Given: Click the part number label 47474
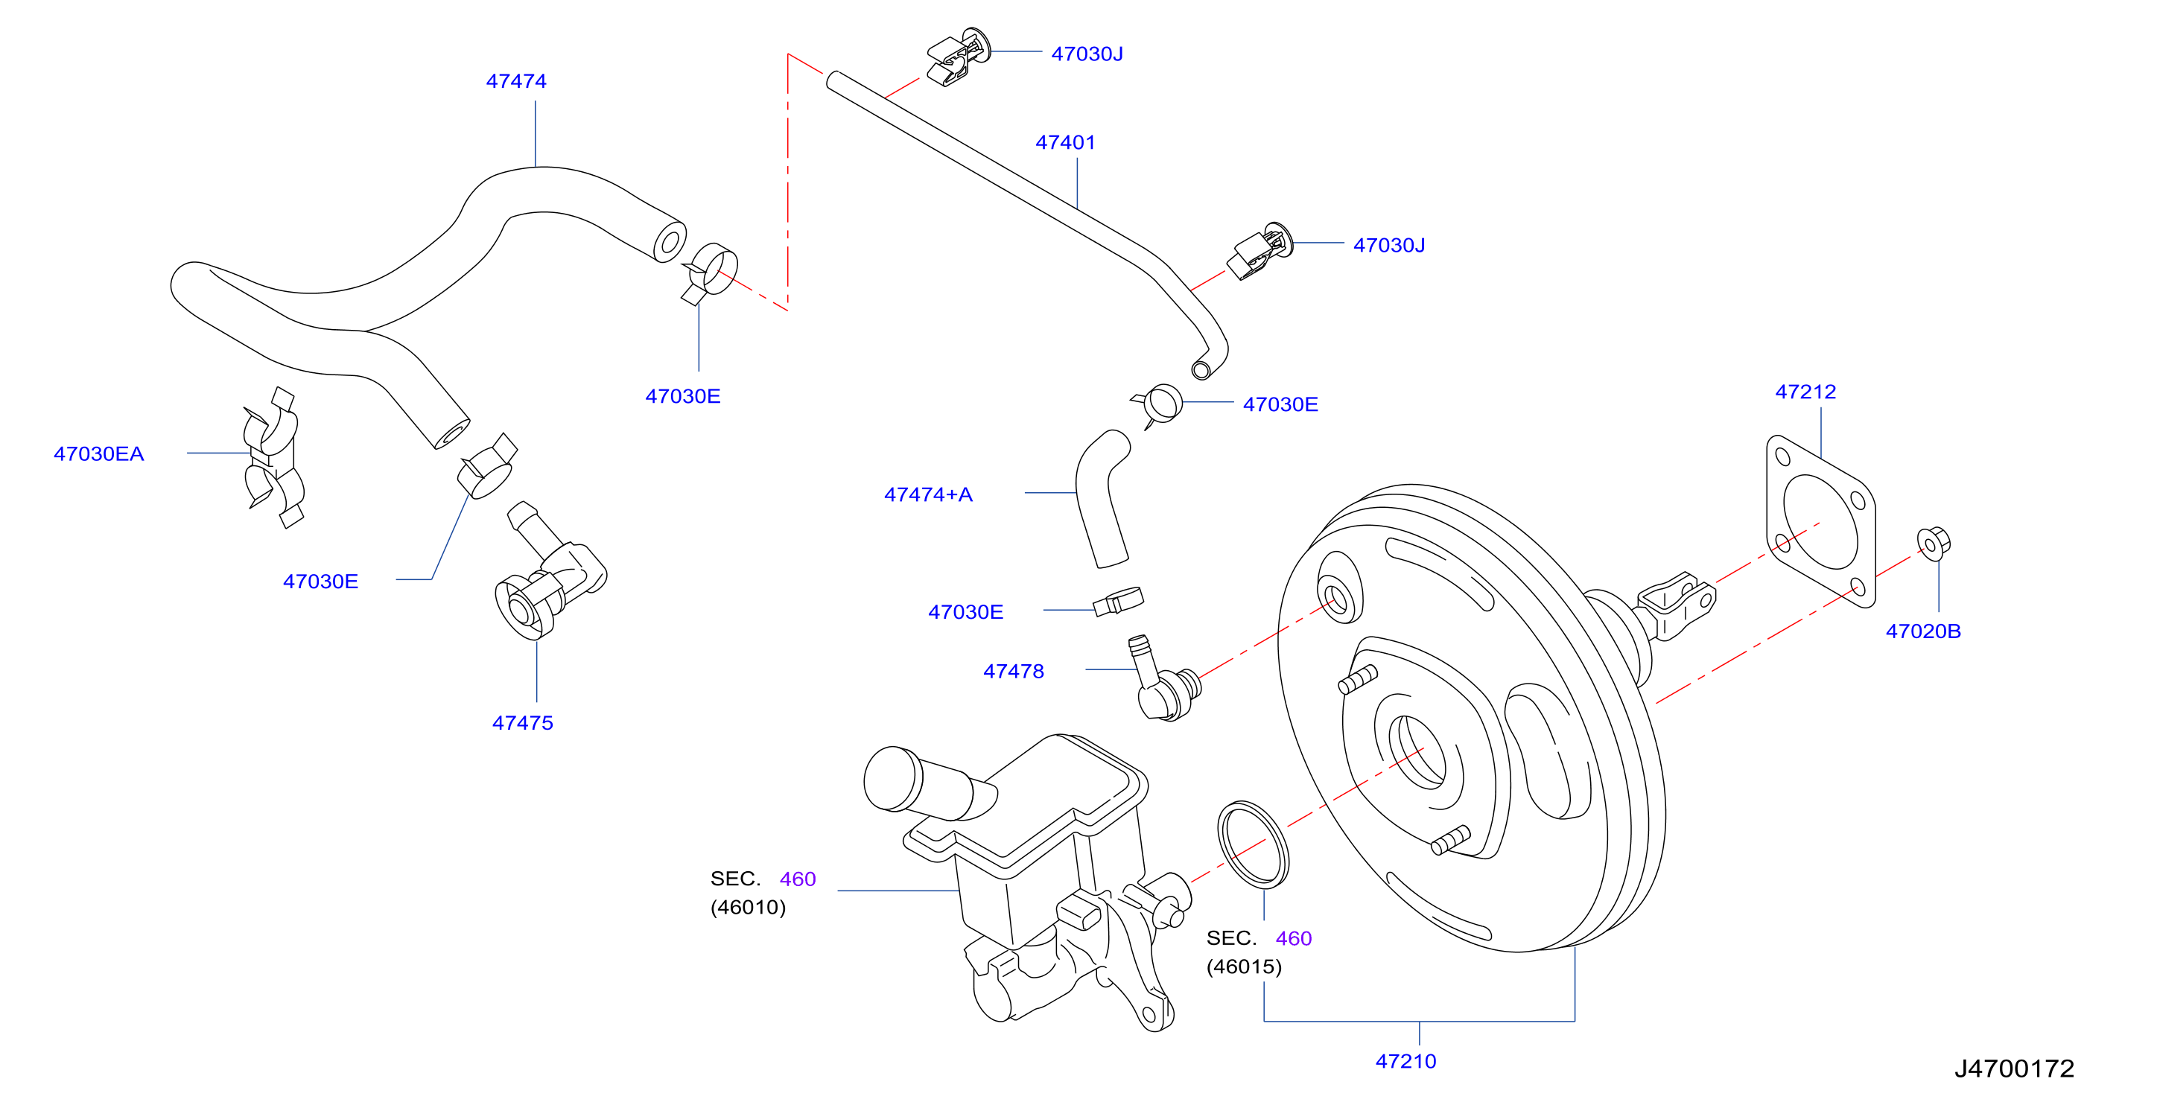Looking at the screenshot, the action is [516, 81].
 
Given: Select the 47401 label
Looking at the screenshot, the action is [1065, 142].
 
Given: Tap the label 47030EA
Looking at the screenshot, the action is [99, 453].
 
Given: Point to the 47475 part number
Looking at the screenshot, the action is [523, 722].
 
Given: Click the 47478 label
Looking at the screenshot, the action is [1013, 672].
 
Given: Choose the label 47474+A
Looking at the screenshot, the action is [929, 494].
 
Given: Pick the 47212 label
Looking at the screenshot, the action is [1805, 392].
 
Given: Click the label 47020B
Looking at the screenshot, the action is [1922, 631].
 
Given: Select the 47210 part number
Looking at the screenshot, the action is [1406, 1062].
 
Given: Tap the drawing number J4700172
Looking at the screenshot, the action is [2014, 1069].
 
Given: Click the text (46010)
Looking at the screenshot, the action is [748, 908].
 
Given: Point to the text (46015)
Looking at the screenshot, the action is [1243, 967].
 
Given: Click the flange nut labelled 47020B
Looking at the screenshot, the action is [1934, 544].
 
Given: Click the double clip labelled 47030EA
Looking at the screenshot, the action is [273, 457].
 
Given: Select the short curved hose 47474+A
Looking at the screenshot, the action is [1100, 499].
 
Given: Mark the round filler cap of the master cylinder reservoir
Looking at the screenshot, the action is [894, 779].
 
